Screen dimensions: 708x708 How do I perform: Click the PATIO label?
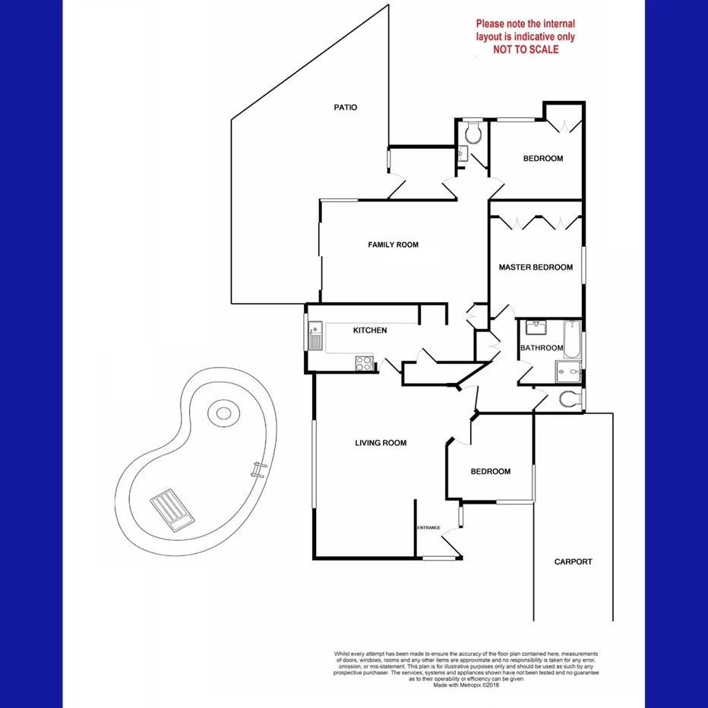(345, 107)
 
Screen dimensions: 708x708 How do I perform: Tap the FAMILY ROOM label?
(393, 245)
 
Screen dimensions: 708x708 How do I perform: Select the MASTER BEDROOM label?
(536, 267)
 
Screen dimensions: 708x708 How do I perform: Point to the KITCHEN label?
(370, 330)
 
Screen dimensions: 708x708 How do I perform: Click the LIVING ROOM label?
(381, 443)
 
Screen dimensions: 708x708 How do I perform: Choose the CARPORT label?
(573, 562)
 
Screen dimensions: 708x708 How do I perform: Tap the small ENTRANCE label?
(428, 528)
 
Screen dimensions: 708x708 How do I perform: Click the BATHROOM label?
(542, 348)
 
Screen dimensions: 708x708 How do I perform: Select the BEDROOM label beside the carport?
(490, 472)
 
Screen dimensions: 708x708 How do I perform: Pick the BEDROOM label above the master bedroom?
(543, 159)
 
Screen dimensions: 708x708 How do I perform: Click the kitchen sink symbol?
(315, 334)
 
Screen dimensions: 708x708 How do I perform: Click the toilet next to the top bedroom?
(473, 134)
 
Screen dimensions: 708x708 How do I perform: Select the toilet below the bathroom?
(567, 400)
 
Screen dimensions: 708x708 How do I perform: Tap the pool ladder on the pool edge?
(260, 469)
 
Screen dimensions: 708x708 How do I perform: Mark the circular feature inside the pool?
(223, 414)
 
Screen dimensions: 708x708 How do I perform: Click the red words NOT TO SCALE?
(525, 49)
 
